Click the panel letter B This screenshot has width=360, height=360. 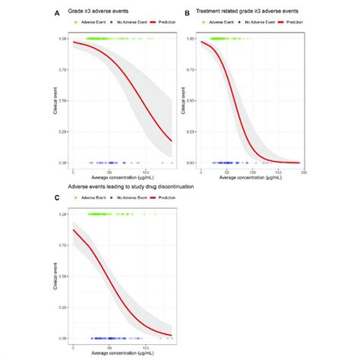[x=188, y=13]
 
